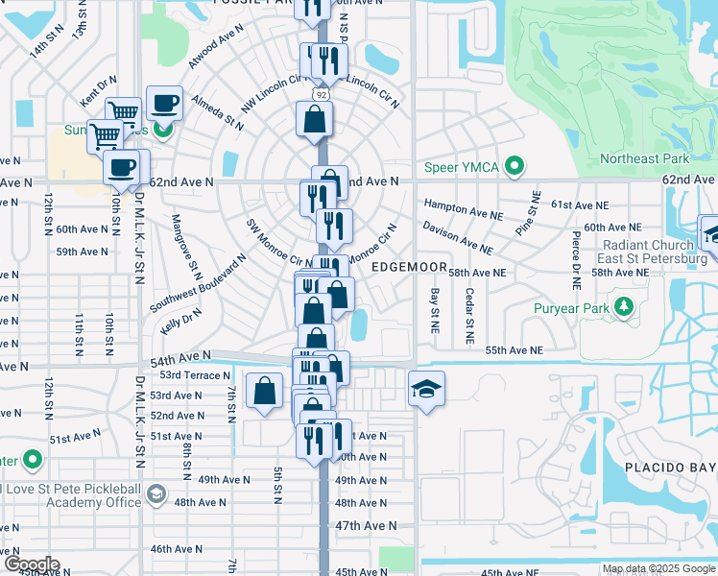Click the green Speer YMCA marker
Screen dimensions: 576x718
[515, 167]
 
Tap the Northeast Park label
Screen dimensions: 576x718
[644, 158]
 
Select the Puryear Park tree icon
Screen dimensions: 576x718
[625, 307]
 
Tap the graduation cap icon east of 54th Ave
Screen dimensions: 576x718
[426, 389]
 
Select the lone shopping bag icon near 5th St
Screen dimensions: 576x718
[264, 392]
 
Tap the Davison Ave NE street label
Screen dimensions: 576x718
[458, 236]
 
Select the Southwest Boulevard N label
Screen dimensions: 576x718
[199, 283]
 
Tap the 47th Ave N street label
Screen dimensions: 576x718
[366, 525]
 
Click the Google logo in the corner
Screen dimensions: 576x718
[31, 564]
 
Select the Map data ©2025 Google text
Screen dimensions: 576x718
[658, 568]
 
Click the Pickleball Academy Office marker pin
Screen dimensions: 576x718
[156, 496]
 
